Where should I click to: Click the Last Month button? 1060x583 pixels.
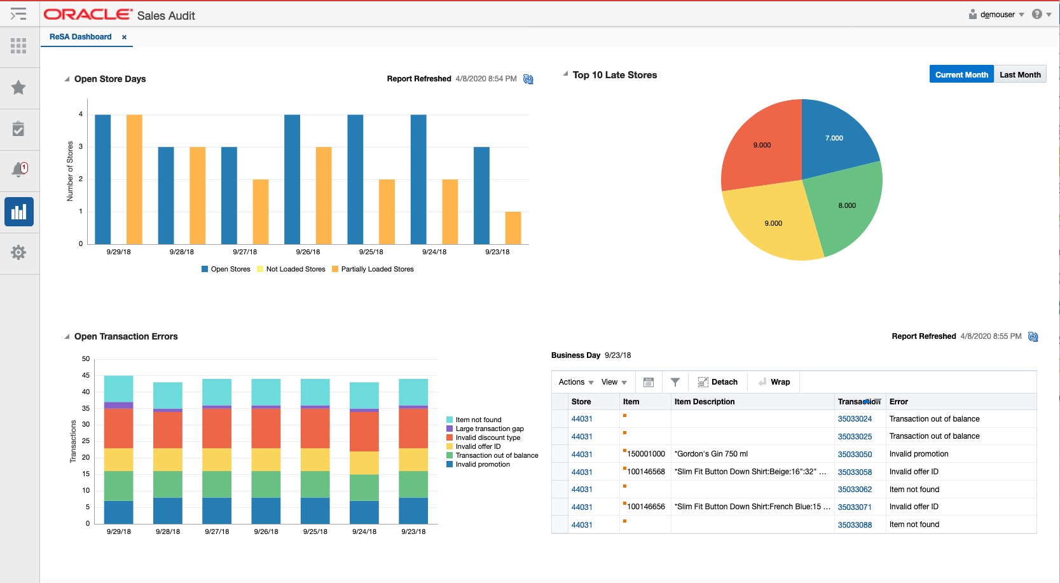(1019, 74)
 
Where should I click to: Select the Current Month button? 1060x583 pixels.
(961, 74)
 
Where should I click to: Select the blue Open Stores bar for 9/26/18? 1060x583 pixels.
(292, 179)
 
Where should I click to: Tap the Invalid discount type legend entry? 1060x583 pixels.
(487, 437)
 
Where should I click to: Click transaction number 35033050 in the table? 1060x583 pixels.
(854, 454)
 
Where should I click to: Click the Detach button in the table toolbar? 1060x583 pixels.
(718, 382)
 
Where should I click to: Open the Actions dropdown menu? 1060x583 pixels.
(575, 382)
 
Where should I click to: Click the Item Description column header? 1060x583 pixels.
(704, 402)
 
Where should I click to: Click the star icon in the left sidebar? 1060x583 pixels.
(18, 88)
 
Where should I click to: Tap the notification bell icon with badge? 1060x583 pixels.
(19, 170)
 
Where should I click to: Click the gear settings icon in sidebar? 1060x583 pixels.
(18, 252)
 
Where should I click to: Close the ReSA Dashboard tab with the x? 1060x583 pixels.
(124, 37)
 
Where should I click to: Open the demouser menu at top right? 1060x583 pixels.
(996, 15)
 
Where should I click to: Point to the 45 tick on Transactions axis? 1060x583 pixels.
(86, 375)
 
